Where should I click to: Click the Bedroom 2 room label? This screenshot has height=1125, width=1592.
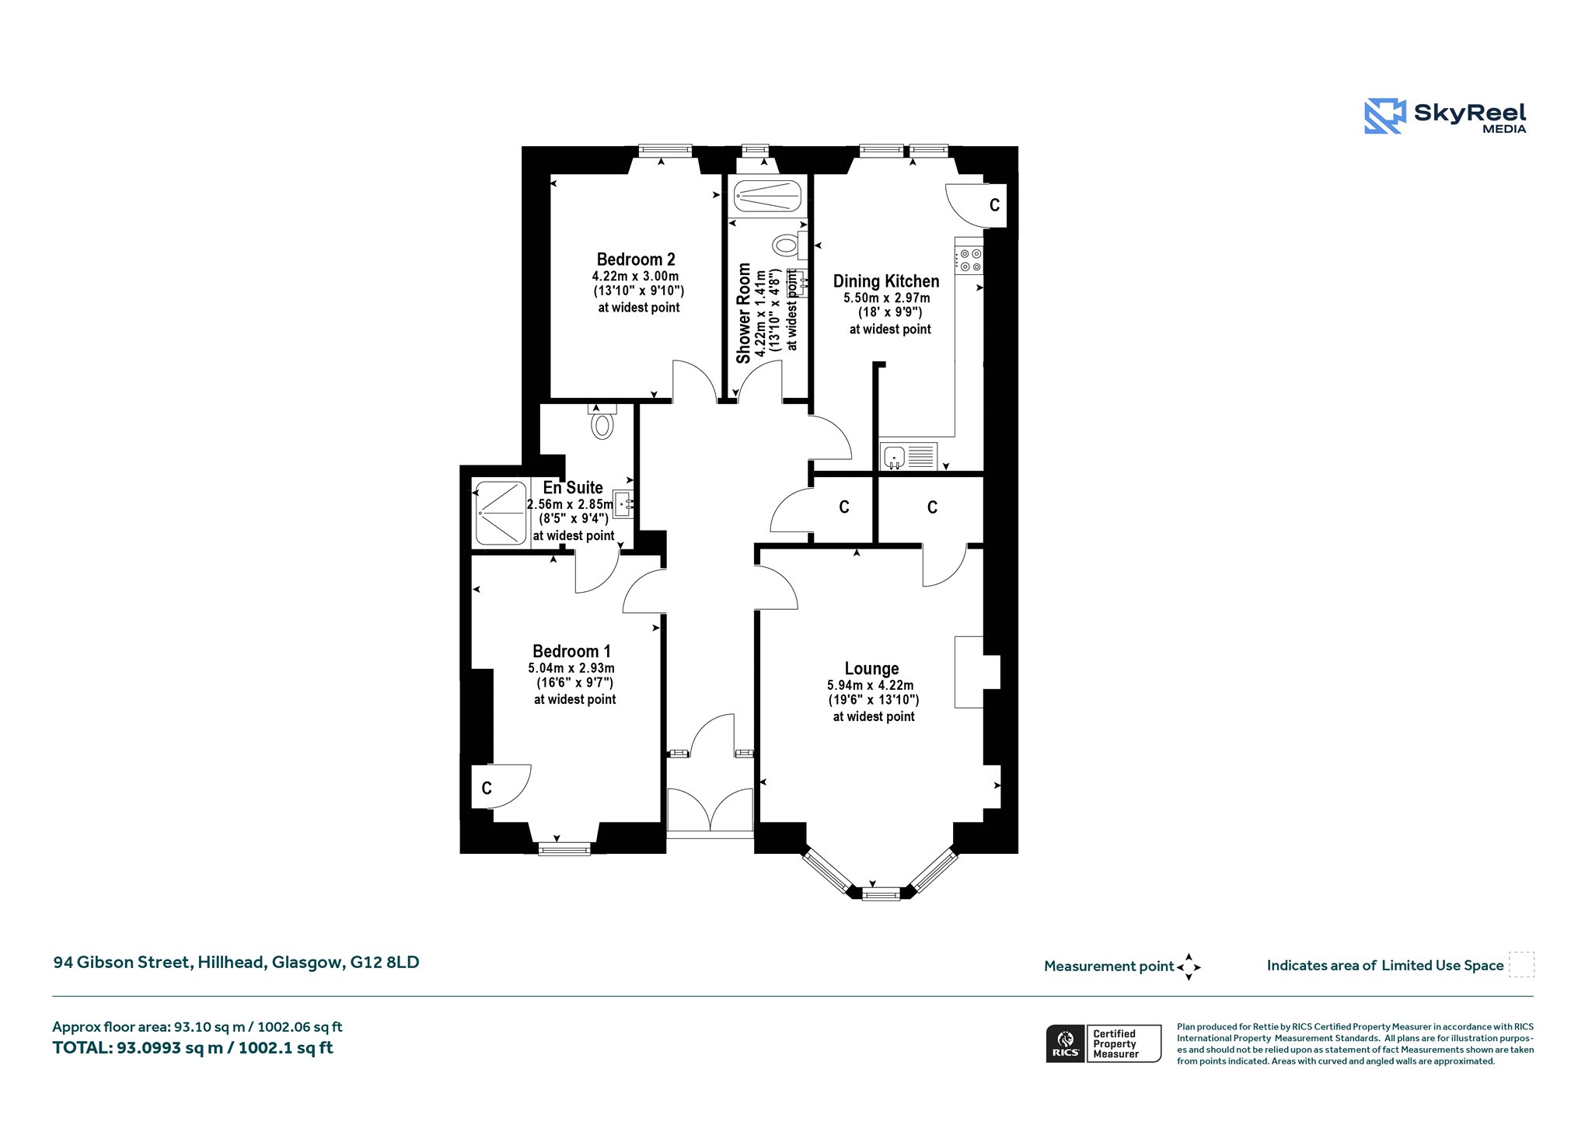click(x=636, y=259)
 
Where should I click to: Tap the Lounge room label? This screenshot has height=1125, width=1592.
click(x=871, y=669)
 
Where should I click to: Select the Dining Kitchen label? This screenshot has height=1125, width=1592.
click(x=886, y=281)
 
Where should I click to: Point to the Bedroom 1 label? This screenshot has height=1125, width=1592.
click(x=571, y=652)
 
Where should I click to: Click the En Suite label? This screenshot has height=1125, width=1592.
click(x=573, y=488)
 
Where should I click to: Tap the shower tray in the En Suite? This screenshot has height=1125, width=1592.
click(x=501, y=513)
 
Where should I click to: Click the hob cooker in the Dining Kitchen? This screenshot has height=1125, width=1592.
click(x=970, y=259)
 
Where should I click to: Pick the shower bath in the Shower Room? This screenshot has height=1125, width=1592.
click(x=767, y=196)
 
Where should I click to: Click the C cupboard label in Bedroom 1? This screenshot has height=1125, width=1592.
click(x=487, y=789)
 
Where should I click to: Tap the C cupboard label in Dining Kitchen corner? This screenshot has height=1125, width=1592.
click(x=994, y=206)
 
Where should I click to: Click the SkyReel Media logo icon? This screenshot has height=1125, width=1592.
click(x=1384, y=116)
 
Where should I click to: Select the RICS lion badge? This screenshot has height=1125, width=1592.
click(x=1066, y=1043)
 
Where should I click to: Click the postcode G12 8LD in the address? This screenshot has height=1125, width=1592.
click(x=384, y=963)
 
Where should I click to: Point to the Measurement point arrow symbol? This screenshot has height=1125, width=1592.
click(x=1189, y=967)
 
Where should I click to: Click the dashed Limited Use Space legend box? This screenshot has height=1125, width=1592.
click(x=1521, y=965)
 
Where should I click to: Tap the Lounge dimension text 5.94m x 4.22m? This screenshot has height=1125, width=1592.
click(x=871, y=685)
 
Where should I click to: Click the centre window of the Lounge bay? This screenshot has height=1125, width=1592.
click(x=881, y=895)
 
